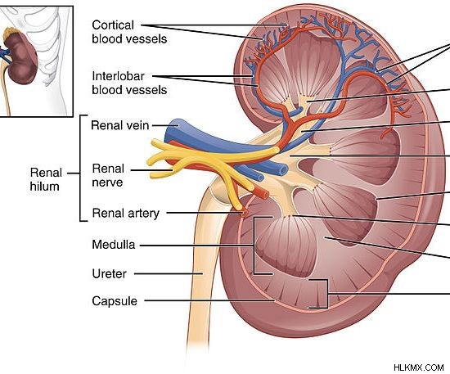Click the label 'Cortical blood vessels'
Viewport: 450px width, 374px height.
[129, 32]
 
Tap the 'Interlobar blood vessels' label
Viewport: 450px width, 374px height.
[129, 83]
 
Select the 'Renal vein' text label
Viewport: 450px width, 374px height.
[120, 125]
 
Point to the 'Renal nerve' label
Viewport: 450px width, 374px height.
[108, 175]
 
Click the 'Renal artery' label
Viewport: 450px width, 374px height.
[126, 214]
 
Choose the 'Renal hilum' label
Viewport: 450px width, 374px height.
[46, 179]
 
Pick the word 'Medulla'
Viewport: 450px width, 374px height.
[114, 245]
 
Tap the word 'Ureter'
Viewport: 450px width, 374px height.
[109, 274]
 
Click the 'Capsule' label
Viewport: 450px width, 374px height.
[115, 301]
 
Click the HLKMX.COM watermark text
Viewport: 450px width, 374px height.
[418, 367]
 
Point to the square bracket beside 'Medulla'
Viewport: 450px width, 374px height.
[254, 246]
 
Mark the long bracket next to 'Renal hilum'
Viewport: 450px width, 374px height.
[80, 169]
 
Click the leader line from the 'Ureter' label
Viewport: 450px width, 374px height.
[169, 274]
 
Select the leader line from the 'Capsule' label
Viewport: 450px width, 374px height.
[209, 301]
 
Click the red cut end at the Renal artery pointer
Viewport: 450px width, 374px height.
[245, 214]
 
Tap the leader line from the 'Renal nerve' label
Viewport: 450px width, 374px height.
[152, 170]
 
